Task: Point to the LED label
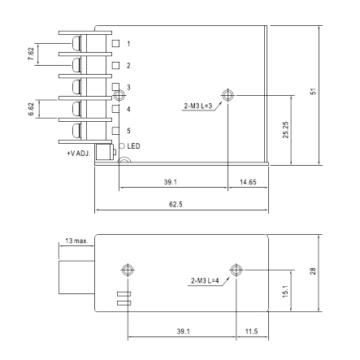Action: click(134, 145)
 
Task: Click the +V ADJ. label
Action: click(78, 152)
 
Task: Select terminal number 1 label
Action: click(128, 42)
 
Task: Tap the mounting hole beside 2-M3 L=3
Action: click(228, 94)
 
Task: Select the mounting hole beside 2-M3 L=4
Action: click(236, 270)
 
